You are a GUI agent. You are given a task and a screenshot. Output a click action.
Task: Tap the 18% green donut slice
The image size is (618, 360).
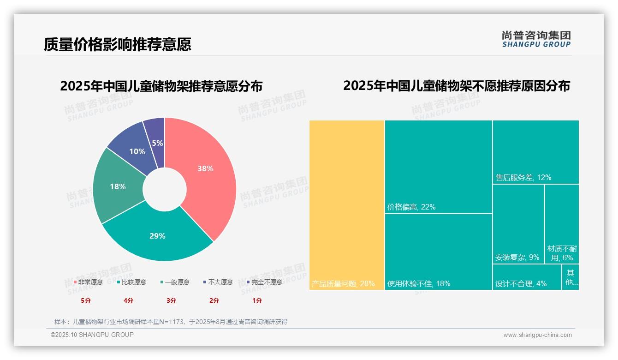click(x=118, y=187)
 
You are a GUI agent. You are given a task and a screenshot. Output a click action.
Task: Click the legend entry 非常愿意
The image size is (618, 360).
click(x=88, y=282)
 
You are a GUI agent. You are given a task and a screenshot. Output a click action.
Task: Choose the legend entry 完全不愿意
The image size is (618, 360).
click(x=265, y=282)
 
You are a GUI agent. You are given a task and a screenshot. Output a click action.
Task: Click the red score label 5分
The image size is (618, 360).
click(x=86, y=300)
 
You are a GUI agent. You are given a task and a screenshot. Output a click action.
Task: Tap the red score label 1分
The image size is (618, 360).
click(x=257, y=300)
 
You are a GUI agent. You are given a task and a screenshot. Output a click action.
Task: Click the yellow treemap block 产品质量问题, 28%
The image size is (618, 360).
click(x=347, y=205)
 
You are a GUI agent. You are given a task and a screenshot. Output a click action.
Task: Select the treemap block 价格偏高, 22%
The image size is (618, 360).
click(x=439, y=167)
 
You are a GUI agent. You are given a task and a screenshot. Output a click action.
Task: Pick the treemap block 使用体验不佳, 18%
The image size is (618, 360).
click(x=439, y=252)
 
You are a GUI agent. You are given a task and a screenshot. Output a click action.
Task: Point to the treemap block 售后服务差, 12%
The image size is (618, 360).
click(x=535, y=152)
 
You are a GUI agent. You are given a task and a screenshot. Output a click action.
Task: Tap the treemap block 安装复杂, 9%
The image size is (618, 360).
click(x=518, y=224)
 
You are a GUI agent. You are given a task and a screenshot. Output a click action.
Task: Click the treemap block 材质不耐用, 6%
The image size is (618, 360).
click(x=562, y=224)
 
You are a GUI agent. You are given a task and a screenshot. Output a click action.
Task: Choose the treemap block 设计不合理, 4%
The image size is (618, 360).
click(x=527, y=277)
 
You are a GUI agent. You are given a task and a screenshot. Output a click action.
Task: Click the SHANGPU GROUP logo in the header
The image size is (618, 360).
click(x=536, y=39)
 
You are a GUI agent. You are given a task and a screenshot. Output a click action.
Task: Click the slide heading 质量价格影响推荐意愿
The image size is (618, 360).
click(x=118, y=44)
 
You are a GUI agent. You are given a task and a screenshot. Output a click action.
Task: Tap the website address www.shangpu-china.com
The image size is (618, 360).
click(x=537, y=335)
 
